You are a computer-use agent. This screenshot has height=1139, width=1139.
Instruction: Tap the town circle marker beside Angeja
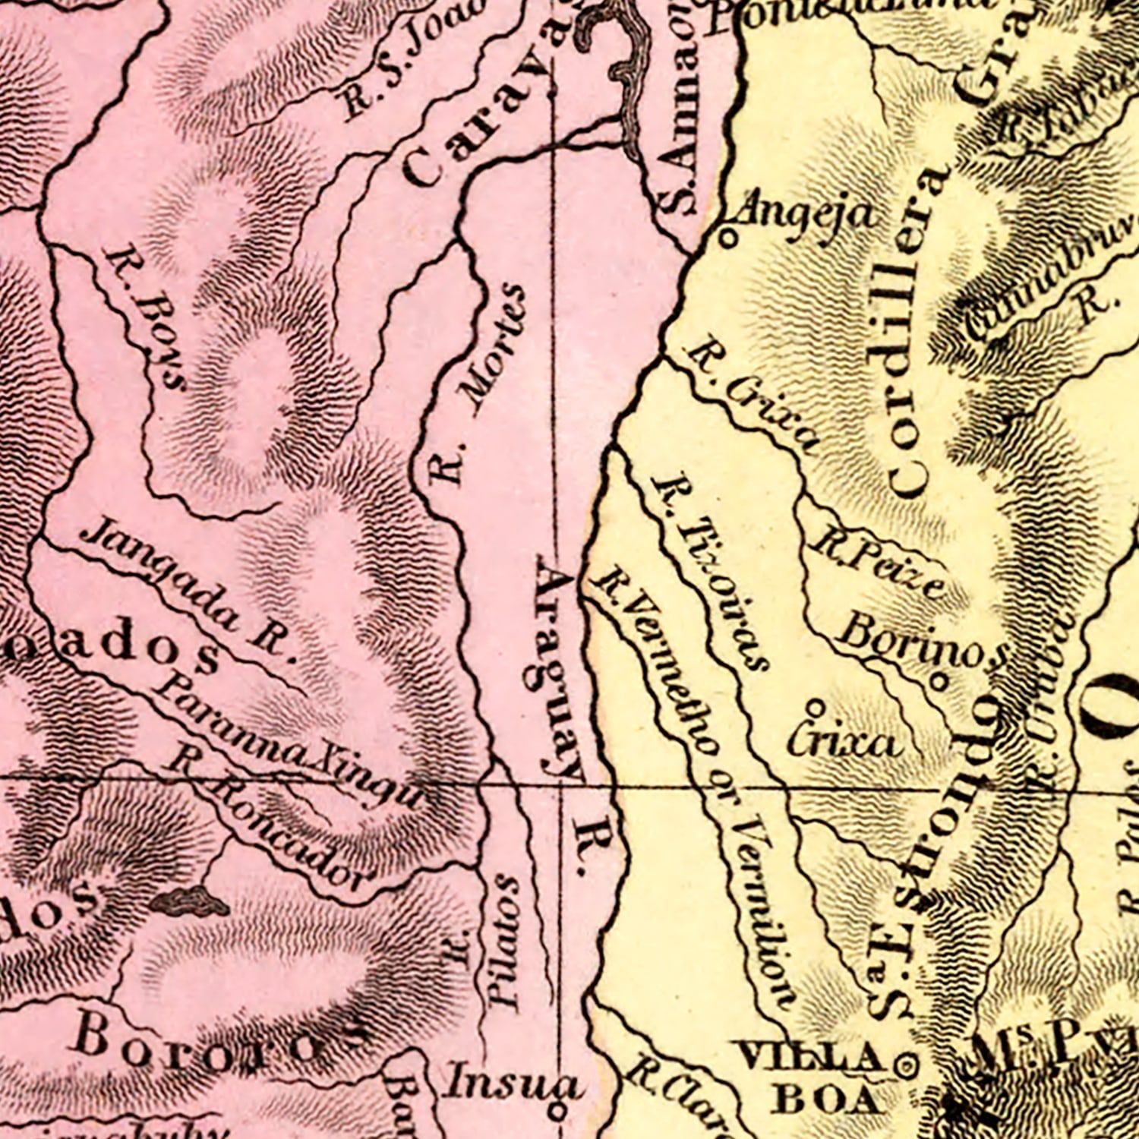(x=727, y=238)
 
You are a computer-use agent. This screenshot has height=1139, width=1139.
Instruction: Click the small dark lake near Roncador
(x=188, y=901)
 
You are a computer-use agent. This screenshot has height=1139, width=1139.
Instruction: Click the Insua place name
(x=513, y=1081)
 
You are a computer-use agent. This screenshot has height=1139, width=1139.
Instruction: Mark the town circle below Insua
(x=556, y=1112)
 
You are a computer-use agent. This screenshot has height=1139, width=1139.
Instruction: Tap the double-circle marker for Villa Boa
(x=905, y=1066)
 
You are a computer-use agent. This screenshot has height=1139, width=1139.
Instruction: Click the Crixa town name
(x=843, y=741)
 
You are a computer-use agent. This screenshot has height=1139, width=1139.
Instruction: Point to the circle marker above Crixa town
(x=816, y=706)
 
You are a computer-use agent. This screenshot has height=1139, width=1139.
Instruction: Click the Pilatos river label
(x=503, y=942)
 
